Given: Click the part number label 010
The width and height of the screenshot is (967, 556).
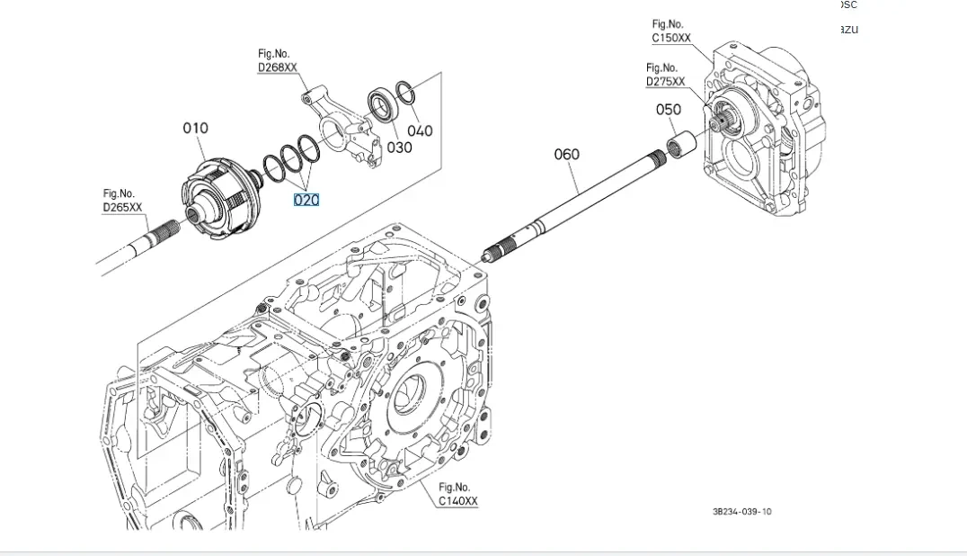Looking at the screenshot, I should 196,129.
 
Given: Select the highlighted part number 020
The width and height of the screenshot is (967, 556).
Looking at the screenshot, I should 306,200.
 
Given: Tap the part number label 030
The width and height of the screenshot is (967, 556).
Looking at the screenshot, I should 400,147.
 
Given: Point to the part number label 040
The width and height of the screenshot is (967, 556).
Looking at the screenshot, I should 420,130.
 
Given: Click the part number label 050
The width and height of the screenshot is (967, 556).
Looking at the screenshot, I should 669,110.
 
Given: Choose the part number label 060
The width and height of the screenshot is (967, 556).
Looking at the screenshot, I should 567,155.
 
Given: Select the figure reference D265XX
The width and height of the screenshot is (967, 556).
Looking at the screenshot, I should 122,208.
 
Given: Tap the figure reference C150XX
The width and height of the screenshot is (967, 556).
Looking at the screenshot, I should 671,38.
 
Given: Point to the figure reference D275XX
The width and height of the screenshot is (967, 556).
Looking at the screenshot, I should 665,81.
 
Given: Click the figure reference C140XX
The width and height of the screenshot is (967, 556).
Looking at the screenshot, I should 458,501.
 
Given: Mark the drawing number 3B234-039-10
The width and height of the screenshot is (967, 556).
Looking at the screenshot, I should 741,512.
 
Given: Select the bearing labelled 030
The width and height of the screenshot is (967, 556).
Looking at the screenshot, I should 383,106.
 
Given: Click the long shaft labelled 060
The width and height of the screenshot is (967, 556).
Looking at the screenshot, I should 575,202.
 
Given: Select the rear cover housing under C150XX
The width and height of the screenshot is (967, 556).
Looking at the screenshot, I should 764,135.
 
